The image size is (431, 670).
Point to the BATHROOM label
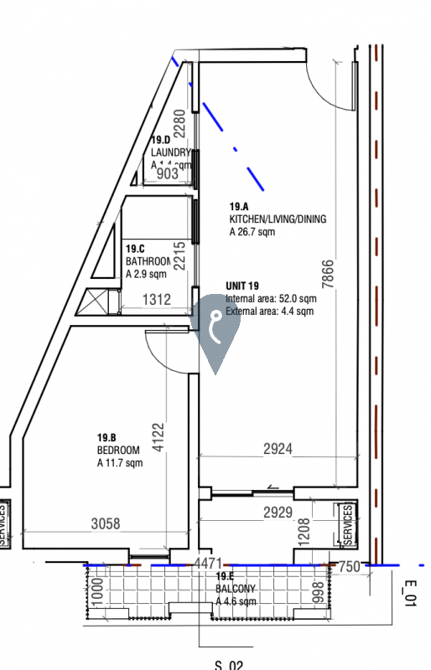(148, 261)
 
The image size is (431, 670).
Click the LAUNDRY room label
(171, 152)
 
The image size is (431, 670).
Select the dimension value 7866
(329, 274)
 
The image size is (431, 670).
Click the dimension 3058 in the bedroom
(106, 524)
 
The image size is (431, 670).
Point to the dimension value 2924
(278, 450)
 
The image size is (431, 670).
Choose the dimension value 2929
(278, 511)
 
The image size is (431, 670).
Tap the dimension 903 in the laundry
(168, 173)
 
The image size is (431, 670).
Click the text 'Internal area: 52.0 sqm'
(271, 299)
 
